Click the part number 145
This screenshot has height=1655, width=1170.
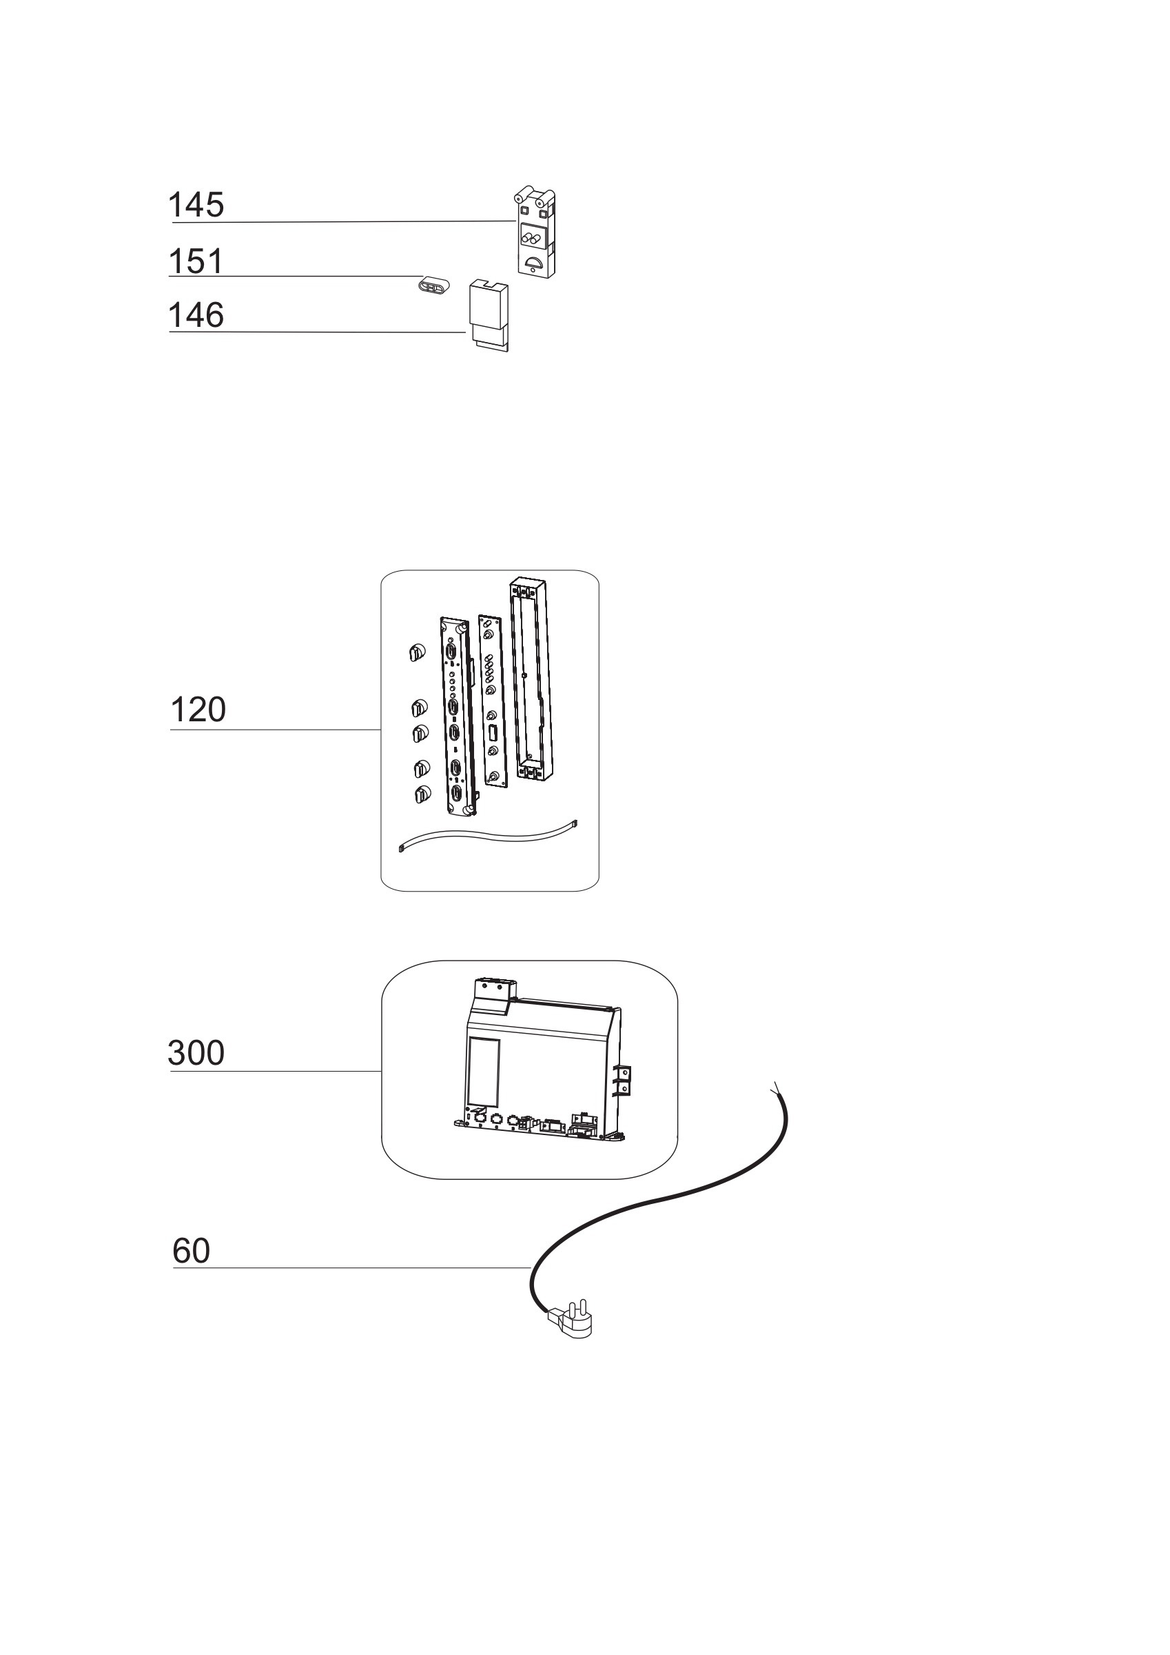tap(196, 205)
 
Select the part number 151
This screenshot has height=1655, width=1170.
tap(196, 261)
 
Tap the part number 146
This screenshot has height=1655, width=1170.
tap(196, 316)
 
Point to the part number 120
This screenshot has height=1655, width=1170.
tap(198, 710)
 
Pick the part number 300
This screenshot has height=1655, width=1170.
tap(196, 1053)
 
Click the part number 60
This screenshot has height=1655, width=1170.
tap(192, 1252)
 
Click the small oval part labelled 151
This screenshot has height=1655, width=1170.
tap(433, 284)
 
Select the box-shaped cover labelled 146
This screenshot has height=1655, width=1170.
tap(489, 315)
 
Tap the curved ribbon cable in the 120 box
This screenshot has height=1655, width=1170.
tap(489, 836)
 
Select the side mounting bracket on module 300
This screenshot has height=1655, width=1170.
tap(623, 1081)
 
